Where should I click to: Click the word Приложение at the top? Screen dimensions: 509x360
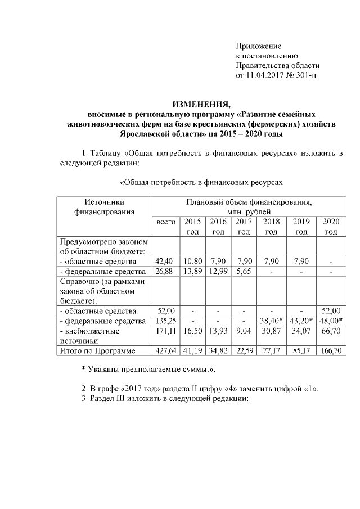258,46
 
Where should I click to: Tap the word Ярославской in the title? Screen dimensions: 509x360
144,134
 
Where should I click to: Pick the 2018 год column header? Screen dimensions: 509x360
271,227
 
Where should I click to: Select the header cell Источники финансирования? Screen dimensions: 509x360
104,206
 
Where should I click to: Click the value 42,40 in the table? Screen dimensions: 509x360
166,262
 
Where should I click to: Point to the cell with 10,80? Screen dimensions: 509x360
193,262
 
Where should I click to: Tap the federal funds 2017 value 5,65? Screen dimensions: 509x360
244,272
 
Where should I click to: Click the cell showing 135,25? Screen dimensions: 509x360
166,321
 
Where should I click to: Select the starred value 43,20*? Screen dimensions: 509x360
301,321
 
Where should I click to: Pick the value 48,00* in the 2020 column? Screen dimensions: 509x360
331,321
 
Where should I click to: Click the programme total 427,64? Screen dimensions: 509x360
166,352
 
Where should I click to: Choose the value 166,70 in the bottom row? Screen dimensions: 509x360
331,352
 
